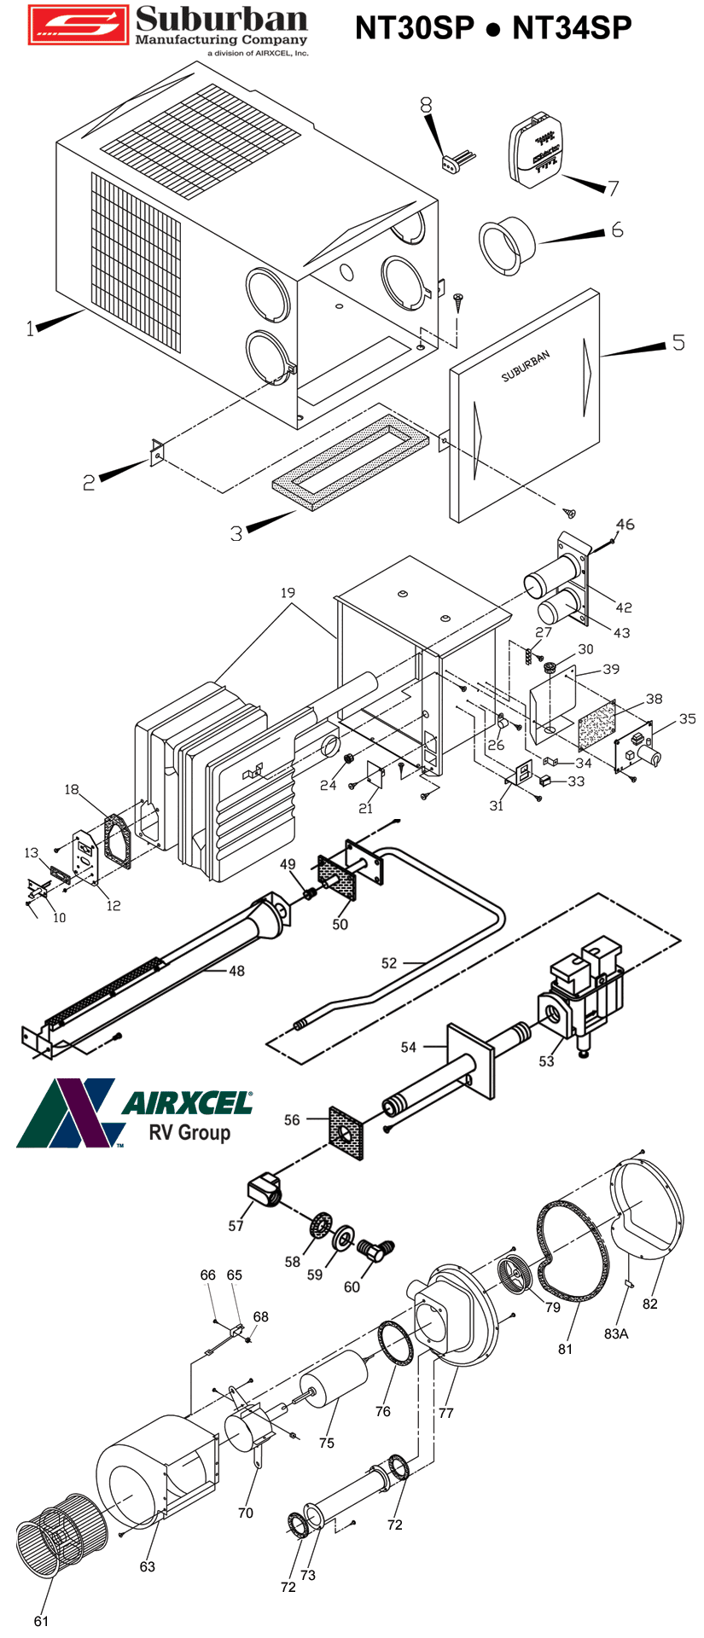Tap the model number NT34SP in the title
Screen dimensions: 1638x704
click(x=572, y=28)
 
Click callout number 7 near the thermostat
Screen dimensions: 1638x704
click(x=613, y=188)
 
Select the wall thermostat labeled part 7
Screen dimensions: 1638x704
click(x=536, y=152)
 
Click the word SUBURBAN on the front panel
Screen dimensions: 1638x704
click(x=526, y=365)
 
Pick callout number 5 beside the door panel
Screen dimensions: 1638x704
click(x=678, y=342)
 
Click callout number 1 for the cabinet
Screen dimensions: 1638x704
click(x=31, y=328)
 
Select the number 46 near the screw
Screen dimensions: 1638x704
click(x=625, y=525)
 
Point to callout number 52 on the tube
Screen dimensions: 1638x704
click(x=389, y=963)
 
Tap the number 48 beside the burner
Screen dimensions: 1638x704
click(x=236, y=971)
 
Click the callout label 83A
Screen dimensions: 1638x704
click(x=616, y=1333)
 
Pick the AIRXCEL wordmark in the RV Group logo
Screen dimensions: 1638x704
click(x=188, y=1102)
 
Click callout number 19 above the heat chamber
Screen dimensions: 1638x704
click(x=288, y=592)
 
